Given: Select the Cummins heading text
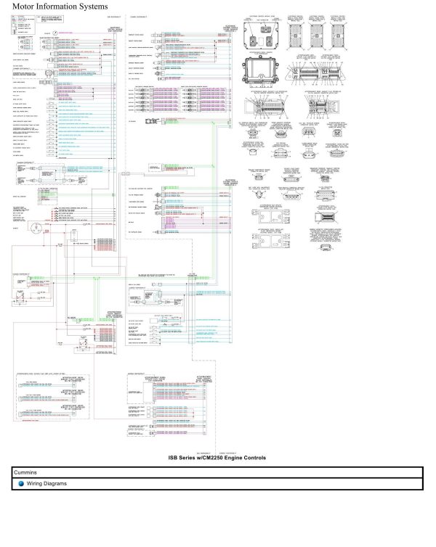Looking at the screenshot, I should (25, 472).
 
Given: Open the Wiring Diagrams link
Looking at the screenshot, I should (47, 483).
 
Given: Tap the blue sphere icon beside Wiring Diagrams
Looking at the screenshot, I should (22, 483).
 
